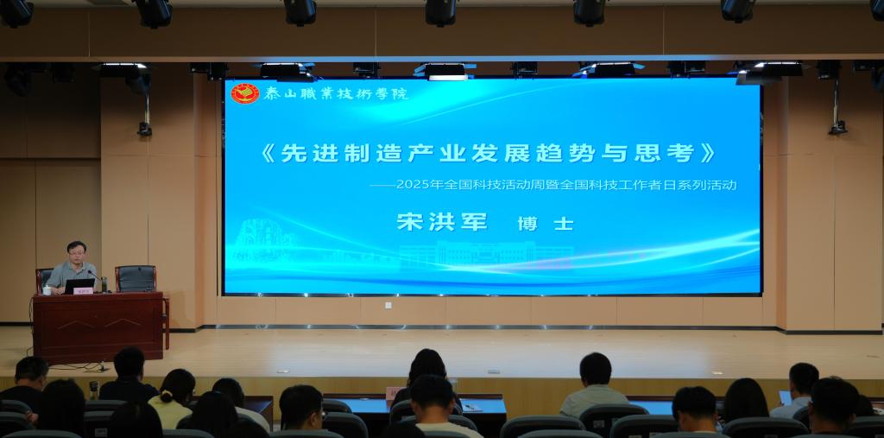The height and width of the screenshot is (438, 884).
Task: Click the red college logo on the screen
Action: pos(245,93)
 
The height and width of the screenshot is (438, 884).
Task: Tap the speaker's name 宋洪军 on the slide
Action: pos(442,222)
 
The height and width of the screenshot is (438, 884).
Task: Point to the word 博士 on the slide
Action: pos(546,224)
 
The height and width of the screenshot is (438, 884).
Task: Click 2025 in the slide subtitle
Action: pos(412,185)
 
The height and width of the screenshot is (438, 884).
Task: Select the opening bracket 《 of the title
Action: pos(268,153)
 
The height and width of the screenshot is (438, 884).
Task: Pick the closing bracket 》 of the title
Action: pos(708,153)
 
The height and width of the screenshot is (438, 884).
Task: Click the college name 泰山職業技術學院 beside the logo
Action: pos(336,93)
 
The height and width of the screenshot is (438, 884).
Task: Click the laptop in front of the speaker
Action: pos(79,286)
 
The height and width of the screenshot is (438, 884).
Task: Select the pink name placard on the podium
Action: pos(83,290)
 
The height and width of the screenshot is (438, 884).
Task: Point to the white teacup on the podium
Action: pos(47,290)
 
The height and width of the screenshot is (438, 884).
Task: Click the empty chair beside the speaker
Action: pos(136,279)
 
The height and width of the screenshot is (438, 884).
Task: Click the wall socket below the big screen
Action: pos(388,305)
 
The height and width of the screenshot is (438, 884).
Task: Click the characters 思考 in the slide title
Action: pos(664,153)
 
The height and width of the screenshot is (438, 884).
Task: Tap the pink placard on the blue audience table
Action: pos(394,393)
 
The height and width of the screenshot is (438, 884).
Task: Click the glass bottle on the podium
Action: pos(104,284)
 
